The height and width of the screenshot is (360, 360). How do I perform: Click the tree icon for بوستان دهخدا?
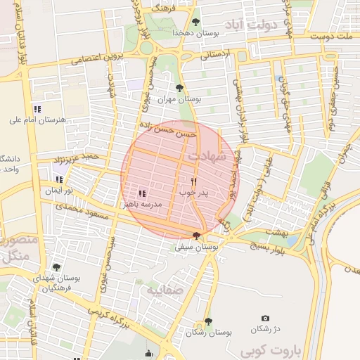pyautogui.click(x=195, y=21)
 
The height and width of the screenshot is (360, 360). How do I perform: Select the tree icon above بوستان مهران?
pyautogui.click(x=180, y=88)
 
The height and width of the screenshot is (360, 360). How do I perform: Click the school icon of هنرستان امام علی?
pyautogui.click(x=37, y=109)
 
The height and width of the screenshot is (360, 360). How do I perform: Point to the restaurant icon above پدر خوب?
pyautogui.click(x=193, y=180)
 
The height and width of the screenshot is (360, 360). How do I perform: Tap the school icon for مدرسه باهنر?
pyautogui.click(x=142, y=193)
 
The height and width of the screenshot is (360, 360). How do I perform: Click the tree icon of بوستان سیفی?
pyautogui.click(x=195, y=236)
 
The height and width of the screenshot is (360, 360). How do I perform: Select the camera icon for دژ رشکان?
pyautogui.click(x=264, y=319)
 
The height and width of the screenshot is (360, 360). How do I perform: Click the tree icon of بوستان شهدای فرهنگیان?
pyautogui.click(x=57, y=267)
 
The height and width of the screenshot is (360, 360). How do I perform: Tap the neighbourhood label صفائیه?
pyautogui.click(x=165, y=288)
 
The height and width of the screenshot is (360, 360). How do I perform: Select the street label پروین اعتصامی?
pyautogui.click(x=99, y=57)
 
